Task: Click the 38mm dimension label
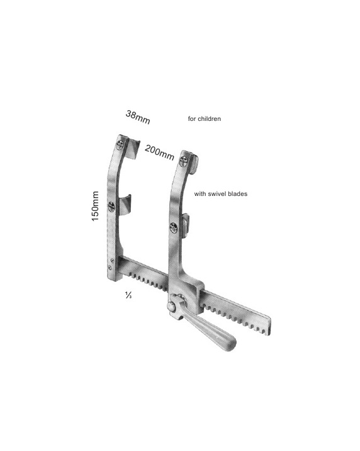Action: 138,117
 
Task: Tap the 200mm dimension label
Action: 159,152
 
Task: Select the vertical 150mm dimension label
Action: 95,206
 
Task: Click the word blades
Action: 238,194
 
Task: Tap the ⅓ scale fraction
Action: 128,295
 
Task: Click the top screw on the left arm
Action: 120,145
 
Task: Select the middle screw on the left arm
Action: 111,207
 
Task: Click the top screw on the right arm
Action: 183,161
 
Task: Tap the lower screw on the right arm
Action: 174,228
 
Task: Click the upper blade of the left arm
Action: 133,149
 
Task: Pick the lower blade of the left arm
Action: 125,205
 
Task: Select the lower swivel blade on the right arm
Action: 185,225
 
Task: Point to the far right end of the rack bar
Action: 270,326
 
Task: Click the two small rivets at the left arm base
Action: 111,265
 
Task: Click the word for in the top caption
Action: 191,119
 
